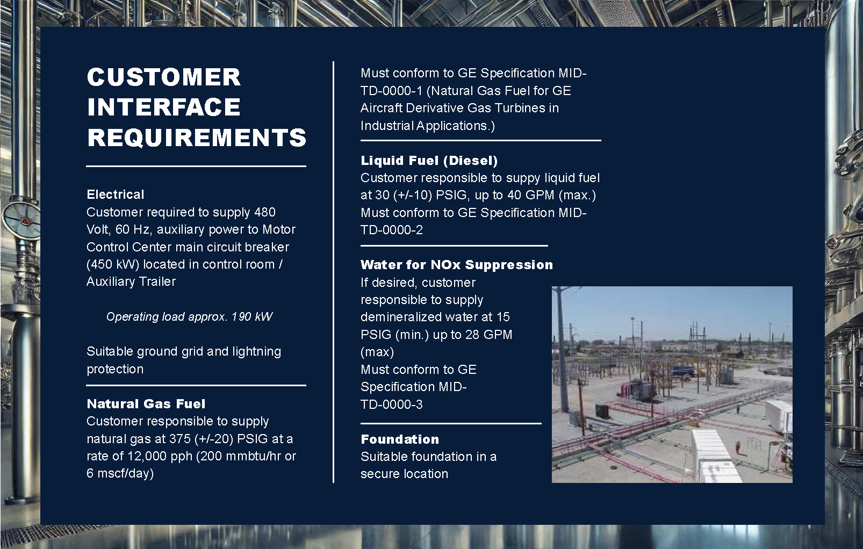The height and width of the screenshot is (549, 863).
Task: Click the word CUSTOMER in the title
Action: [x=164, y=77]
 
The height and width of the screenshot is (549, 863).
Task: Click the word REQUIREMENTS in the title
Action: [x=197, y=138]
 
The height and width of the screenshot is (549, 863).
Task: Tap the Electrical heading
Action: [x=116, y=194]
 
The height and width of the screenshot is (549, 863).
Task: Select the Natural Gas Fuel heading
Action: [x=146, y=404]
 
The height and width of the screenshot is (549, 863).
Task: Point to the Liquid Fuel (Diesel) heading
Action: [x=429, y=161]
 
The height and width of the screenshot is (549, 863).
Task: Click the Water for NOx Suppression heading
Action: [x=457, y=265]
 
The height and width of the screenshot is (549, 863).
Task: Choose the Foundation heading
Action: [x=400, y=439]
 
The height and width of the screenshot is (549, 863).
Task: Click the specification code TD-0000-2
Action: [x=392, y=230]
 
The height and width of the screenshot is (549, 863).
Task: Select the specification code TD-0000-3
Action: [x=392, y=404]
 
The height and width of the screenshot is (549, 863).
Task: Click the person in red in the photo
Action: [x=737, y=447]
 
